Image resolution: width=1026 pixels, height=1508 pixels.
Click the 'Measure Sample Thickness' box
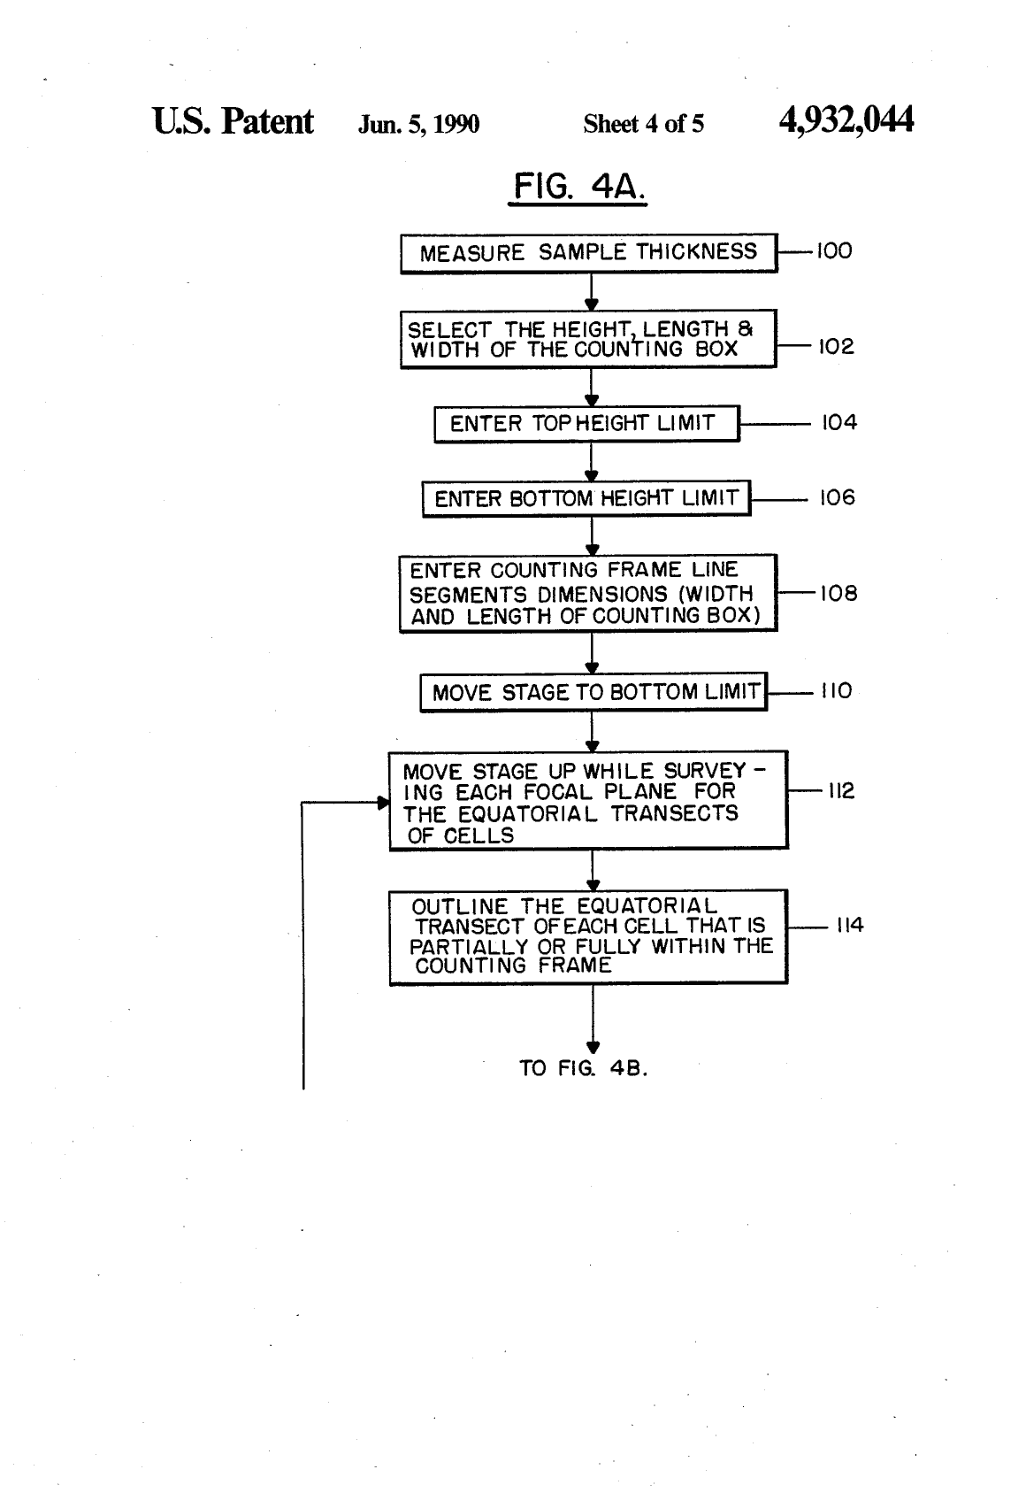coord(589,253)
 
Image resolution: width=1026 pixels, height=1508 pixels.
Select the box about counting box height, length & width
coord(588,339)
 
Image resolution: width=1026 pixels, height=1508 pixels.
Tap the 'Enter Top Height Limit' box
coord(586,423)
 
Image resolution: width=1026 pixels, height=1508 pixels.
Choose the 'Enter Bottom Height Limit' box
coord(586,498)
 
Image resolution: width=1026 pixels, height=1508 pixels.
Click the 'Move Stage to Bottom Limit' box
coord(593,691)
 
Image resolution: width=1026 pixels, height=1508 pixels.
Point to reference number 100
coord(834,251)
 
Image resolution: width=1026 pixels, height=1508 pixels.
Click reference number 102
coord(836,346)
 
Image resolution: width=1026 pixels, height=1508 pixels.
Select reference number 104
coord(839,422)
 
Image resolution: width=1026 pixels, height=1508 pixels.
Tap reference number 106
coord(837,497)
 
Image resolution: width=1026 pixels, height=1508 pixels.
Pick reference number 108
coord(838,593)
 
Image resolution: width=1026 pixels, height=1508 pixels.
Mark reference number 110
coord(836,690)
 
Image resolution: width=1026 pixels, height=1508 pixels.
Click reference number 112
coord(841,790)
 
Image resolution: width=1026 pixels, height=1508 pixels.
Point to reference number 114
coord(850,925)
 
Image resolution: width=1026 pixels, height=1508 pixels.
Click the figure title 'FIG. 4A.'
coord(578,187)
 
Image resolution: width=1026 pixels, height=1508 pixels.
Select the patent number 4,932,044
coord(846,119)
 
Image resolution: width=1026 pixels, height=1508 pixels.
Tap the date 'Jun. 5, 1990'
coord(418,124)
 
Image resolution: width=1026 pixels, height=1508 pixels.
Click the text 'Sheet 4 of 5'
coord(643,123)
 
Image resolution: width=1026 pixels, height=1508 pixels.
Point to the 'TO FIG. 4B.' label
coord(583,1068)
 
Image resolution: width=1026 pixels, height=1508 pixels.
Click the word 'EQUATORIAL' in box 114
coord(647,905)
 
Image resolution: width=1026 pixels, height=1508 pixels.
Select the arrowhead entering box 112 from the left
coord(384,803)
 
